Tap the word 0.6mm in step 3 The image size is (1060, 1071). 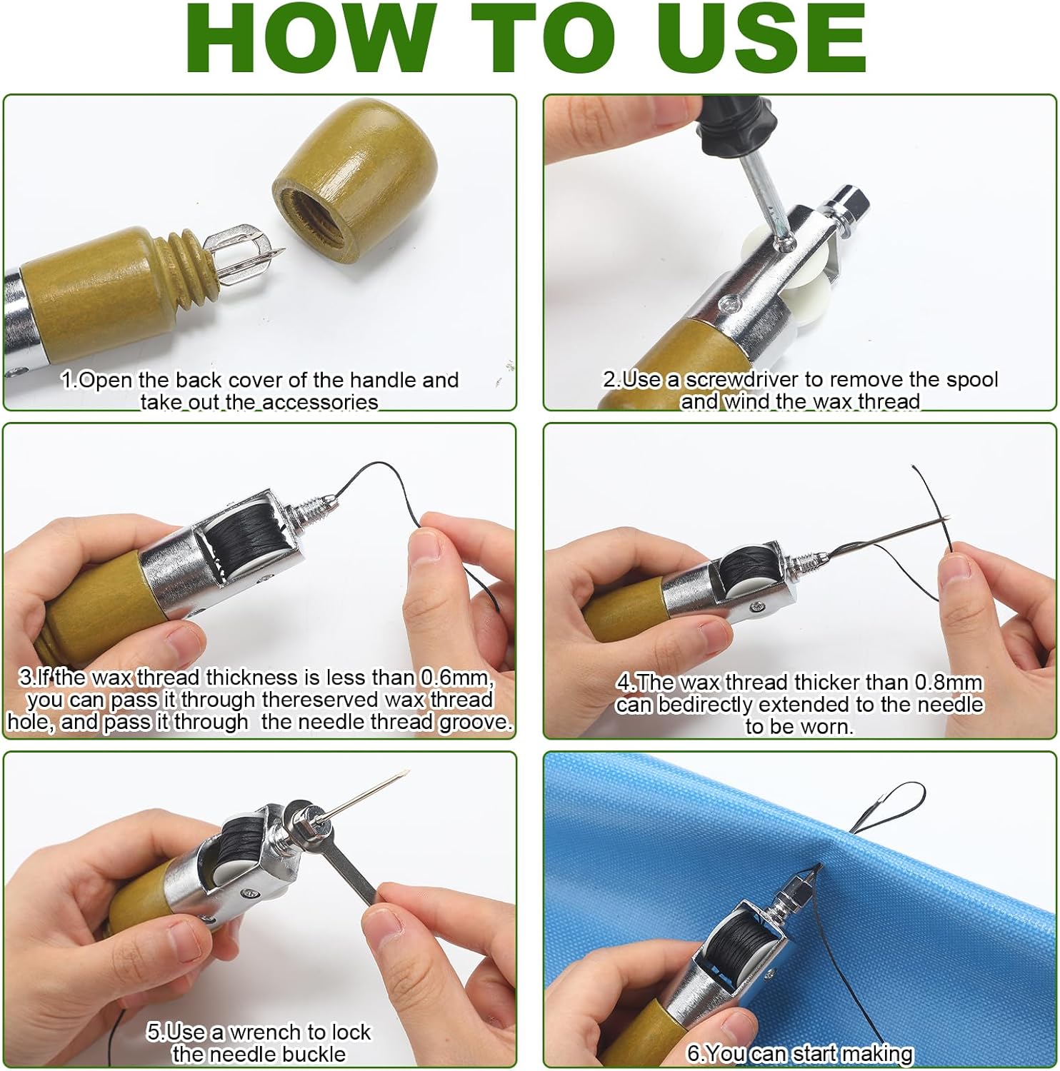click(455, 677)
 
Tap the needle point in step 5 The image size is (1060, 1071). click(406, 773)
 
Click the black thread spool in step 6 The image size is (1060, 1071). click(746, 943)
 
